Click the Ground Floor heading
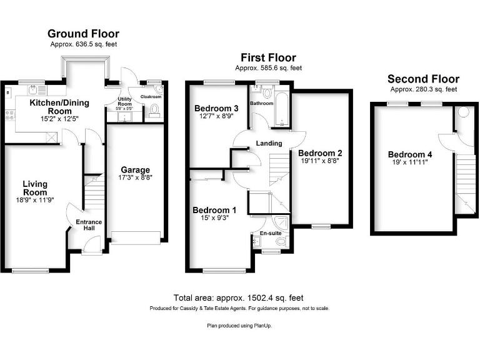[x=83, y=34]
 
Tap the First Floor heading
[x=268, y=57]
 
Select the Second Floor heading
[x=423, y=79]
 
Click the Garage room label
[x=136, y=170]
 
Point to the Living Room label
[x=36, y=188]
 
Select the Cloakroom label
[x=151, y=97]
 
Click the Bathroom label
[x=262, y=103]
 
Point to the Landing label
[x=269, y=144]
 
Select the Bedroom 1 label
[x=214, y=210]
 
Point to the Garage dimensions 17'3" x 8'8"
[x=136, y=178]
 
